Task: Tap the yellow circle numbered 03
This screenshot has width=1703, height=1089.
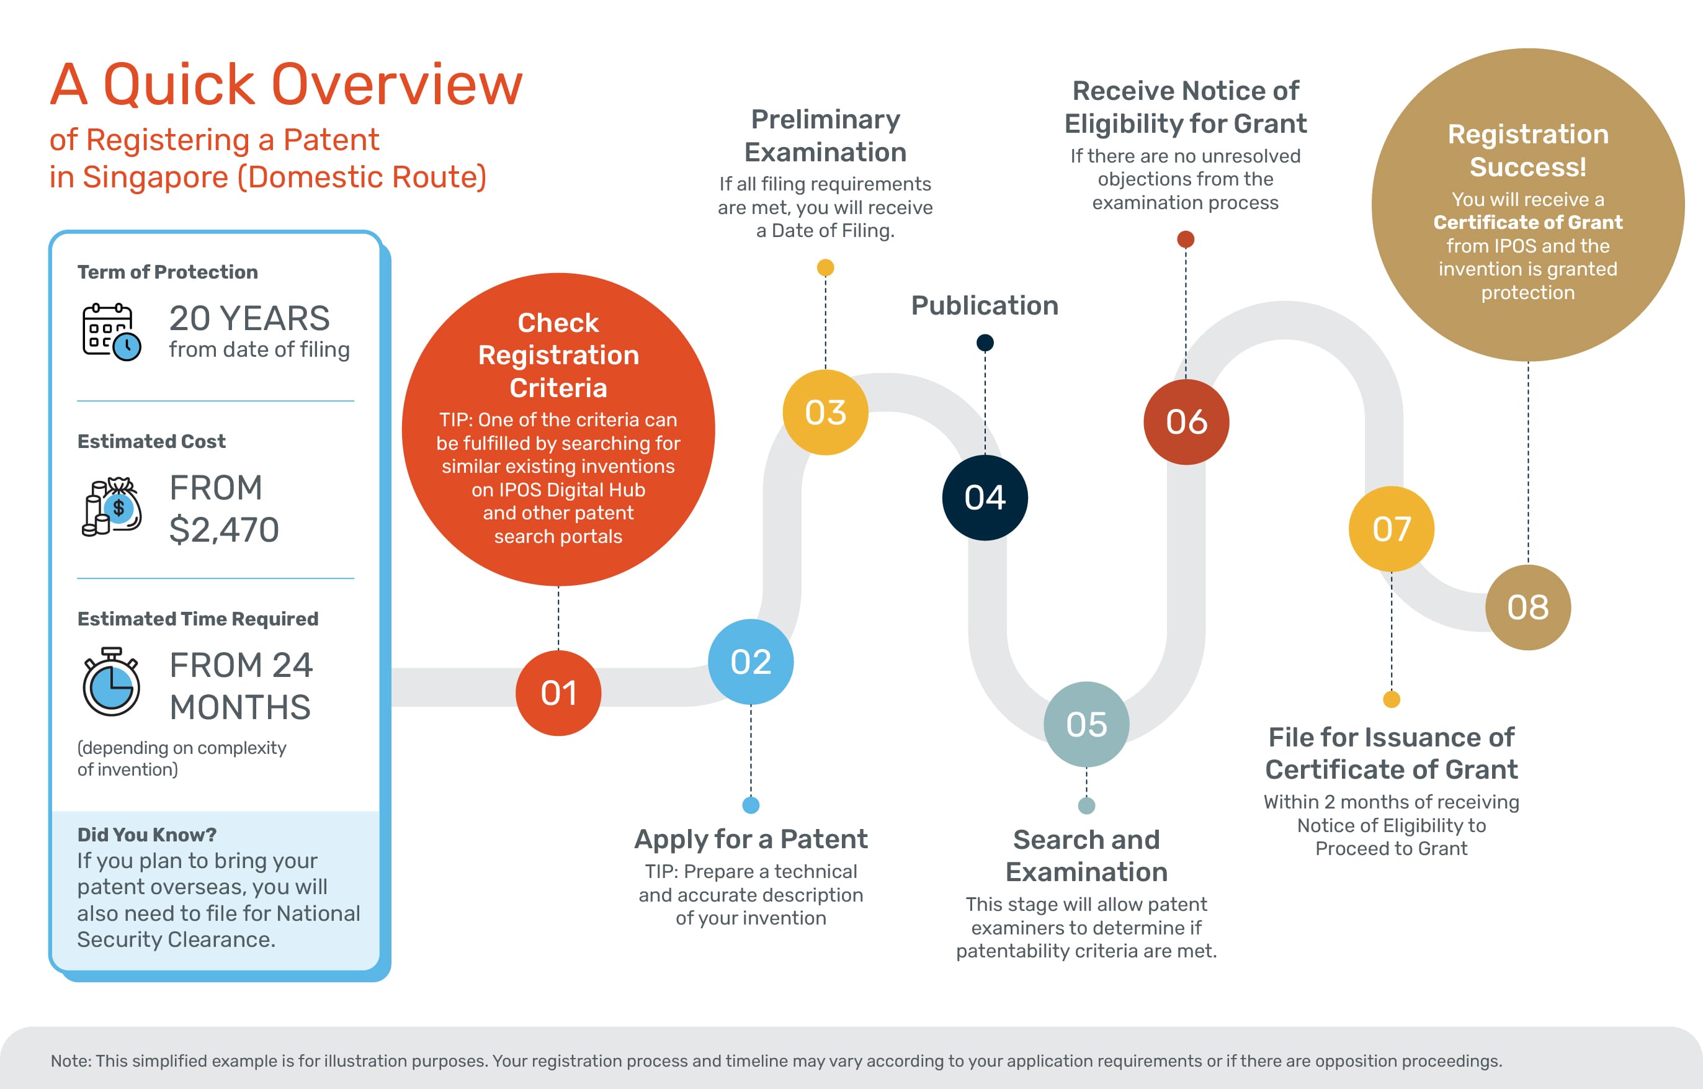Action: [x=825, y=412]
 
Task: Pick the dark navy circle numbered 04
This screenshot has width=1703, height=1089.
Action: [x=985, y=497]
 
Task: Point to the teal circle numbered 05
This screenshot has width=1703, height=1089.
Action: [x=1086, y=724]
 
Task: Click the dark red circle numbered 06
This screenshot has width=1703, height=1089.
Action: [x=1186, y=422]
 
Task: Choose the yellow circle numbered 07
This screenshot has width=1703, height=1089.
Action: [x=1391, y=529]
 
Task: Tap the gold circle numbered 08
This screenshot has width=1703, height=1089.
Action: [x=1527, y=607]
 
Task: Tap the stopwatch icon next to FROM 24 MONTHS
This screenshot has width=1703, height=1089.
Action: [x=111, y=683]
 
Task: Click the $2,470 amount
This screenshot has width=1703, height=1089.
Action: [x=224, y=530]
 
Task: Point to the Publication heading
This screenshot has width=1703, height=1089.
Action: [x=985, y=305]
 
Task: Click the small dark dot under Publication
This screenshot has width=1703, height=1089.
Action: [x=985, y=343]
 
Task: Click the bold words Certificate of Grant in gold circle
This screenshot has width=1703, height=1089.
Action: [x=1527, y=222]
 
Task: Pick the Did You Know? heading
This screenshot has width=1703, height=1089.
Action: [x=146, y=835]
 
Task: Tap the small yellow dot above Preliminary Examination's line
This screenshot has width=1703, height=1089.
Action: [x=825, y=267]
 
